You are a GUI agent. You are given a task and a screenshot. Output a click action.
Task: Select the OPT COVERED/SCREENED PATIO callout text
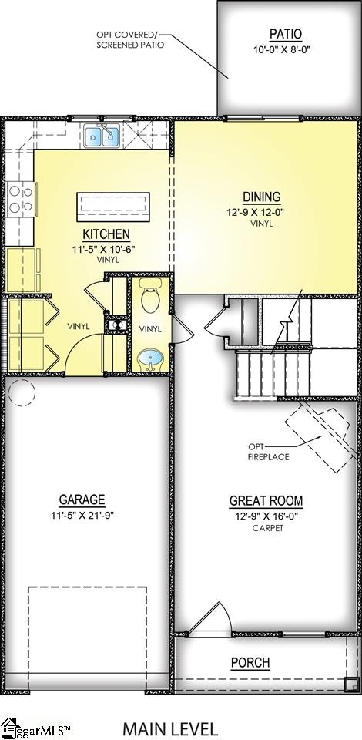[129, 40]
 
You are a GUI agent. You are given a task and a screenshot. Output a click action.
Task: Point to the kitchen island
[112, 206]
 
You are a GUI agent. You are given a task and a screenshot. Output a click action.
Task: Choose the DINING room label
[262, 197]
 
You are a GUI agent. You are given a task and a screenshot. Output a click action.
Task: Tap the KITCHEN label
[106, 234]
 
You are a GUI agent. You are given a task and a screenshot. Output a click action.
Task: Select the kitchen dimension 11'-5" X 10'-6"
[106, 248]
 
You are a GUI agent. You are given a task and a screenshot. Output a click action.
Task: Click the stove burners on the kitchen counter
[20, 200]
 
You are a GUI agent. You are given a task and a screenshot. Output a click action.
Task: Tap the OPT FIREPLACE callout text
[267, 452]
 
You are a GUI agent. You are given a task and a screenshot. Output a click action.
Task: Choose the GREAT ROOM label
[266, 501]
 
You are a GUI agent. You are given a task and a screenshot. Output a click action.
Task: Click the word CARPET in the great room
[266, 529]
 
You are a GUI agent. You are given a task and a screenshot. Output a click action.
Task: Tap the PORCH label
[250, 663]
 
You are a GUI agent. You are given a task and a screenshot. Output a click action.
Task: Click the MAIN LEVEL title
[170, 728]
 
